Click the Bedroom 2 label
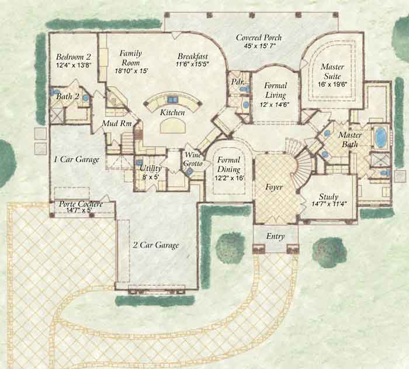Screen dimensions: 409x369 point(73,57)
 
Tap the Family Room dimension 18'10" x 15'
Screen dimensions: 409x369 point(131,71)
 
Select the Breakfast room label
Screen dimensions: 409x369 point(193,56)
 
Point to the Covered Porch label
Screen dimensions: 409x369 point(259,37)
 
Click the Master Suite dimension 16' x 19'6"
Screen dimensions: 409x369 point(332,85)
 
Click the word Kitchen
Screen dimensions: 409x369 point(172,112)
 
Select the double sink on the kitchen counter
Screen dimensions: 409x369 point(172,99)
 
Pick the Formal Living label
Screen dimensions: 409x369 point(275,90)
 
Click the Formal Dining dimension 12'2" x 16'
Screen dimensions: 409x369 point(229,179)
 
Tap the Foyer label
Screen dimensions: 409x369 point(273,187)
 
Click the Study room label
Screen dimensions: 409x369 point(328,196)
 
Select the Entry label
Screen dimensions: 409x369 point(275,236)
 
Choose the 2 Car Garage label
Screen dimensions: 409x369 point(156,245)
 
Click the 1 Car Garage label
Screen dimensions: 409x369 point(77,159)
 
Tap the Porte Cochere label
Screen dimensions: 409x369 point(81,204)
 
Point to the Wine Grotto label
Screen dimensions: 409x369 point(193,159)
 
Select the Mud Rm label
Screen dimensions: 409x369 point(117,123)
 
